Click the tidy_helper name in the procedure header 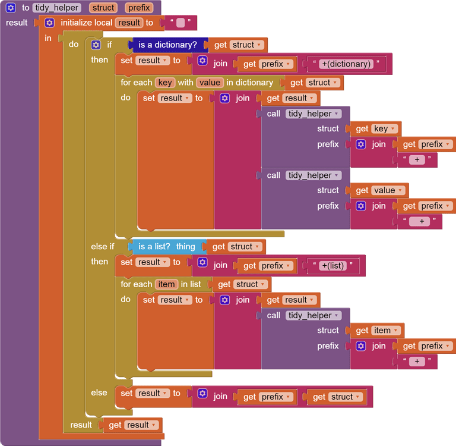point(58,8)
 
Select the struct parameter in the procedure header point(103,8)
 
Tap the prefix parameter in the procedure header point(139,8)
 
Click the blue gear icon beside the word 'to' point(11,8)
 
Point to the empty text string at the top point(180,23)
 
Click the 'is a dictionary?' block point(167,45)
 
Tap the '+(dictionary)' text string point(345,64)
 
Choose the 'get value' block point(379,190)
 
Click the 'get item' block point(376,330)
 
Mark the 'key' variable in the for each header point(164,83)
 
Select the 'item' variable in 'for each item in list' point(166,284)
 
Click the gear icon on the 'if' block point(96,45)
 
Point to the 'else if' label point(103,246)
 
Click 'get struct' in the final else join point(336,397)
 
